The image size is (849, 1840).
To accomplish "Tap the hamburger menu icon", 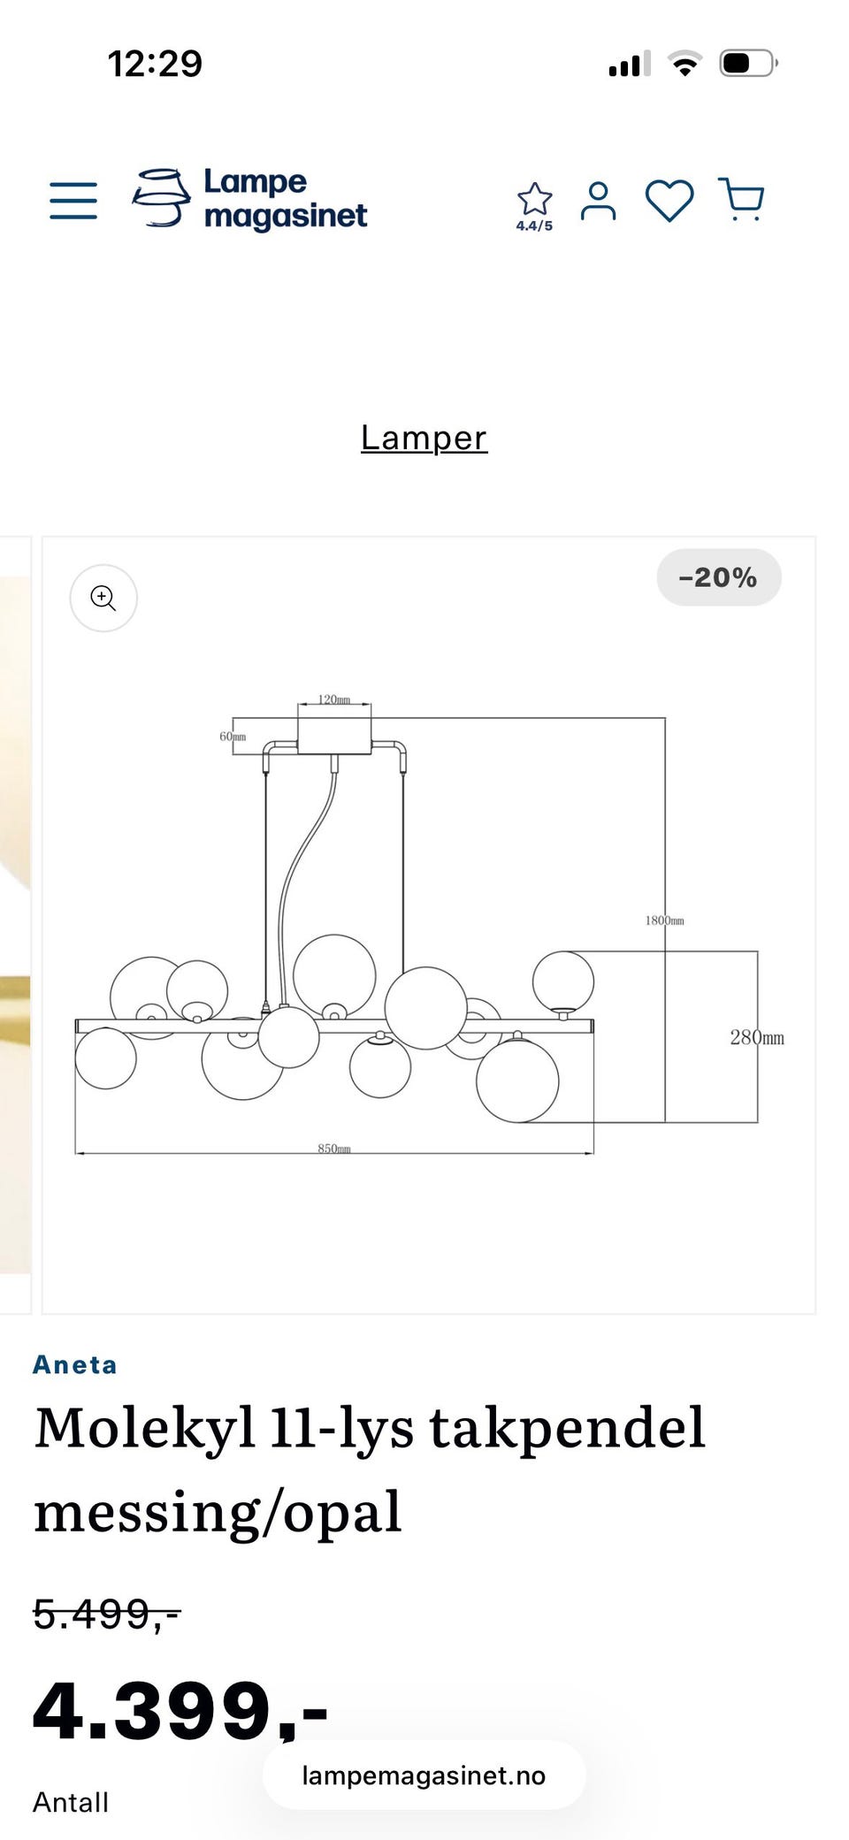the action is pos(73,201).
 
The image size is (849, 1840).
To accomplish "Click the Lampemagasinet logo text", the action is pos(285,199).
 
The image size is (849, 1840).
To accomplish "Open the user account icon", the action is pos(598,201).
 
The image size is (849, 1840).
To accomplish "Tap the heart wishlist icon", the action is pos(669,201).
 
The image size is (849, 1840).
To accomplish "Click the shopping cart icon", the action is pos(742,200).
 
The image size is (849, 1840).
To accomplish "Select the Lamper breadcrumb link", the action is pos(424,439).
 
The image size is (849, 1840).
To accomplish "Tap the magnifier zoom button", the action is pos(103,599).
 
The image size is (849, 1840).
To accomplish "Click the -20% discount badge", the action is pos(718,578).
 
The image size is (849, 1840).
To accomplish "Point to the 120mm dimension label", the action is pos(334,699).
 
